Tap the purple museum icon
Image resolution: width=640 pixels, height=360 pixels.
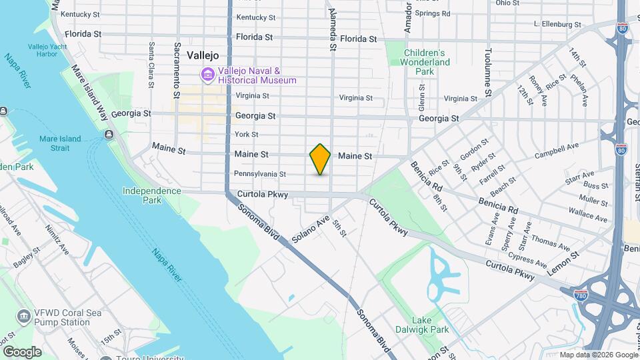[209, 75]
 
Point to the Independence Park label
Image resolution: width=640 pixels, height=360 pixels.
[151, 195]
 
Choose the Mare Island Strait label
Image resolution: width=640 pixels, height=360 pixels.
[60, 143]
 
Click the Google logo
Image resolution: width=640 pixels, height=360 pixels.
[22, 352]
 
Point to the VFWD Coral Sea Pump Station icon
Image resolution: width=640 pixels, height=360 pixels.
[25, 315]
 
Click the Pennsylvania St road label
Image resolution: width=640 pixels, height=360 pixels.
[259, 174]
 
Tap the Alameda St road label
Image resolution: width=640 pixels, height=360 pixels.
[331, 30]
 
